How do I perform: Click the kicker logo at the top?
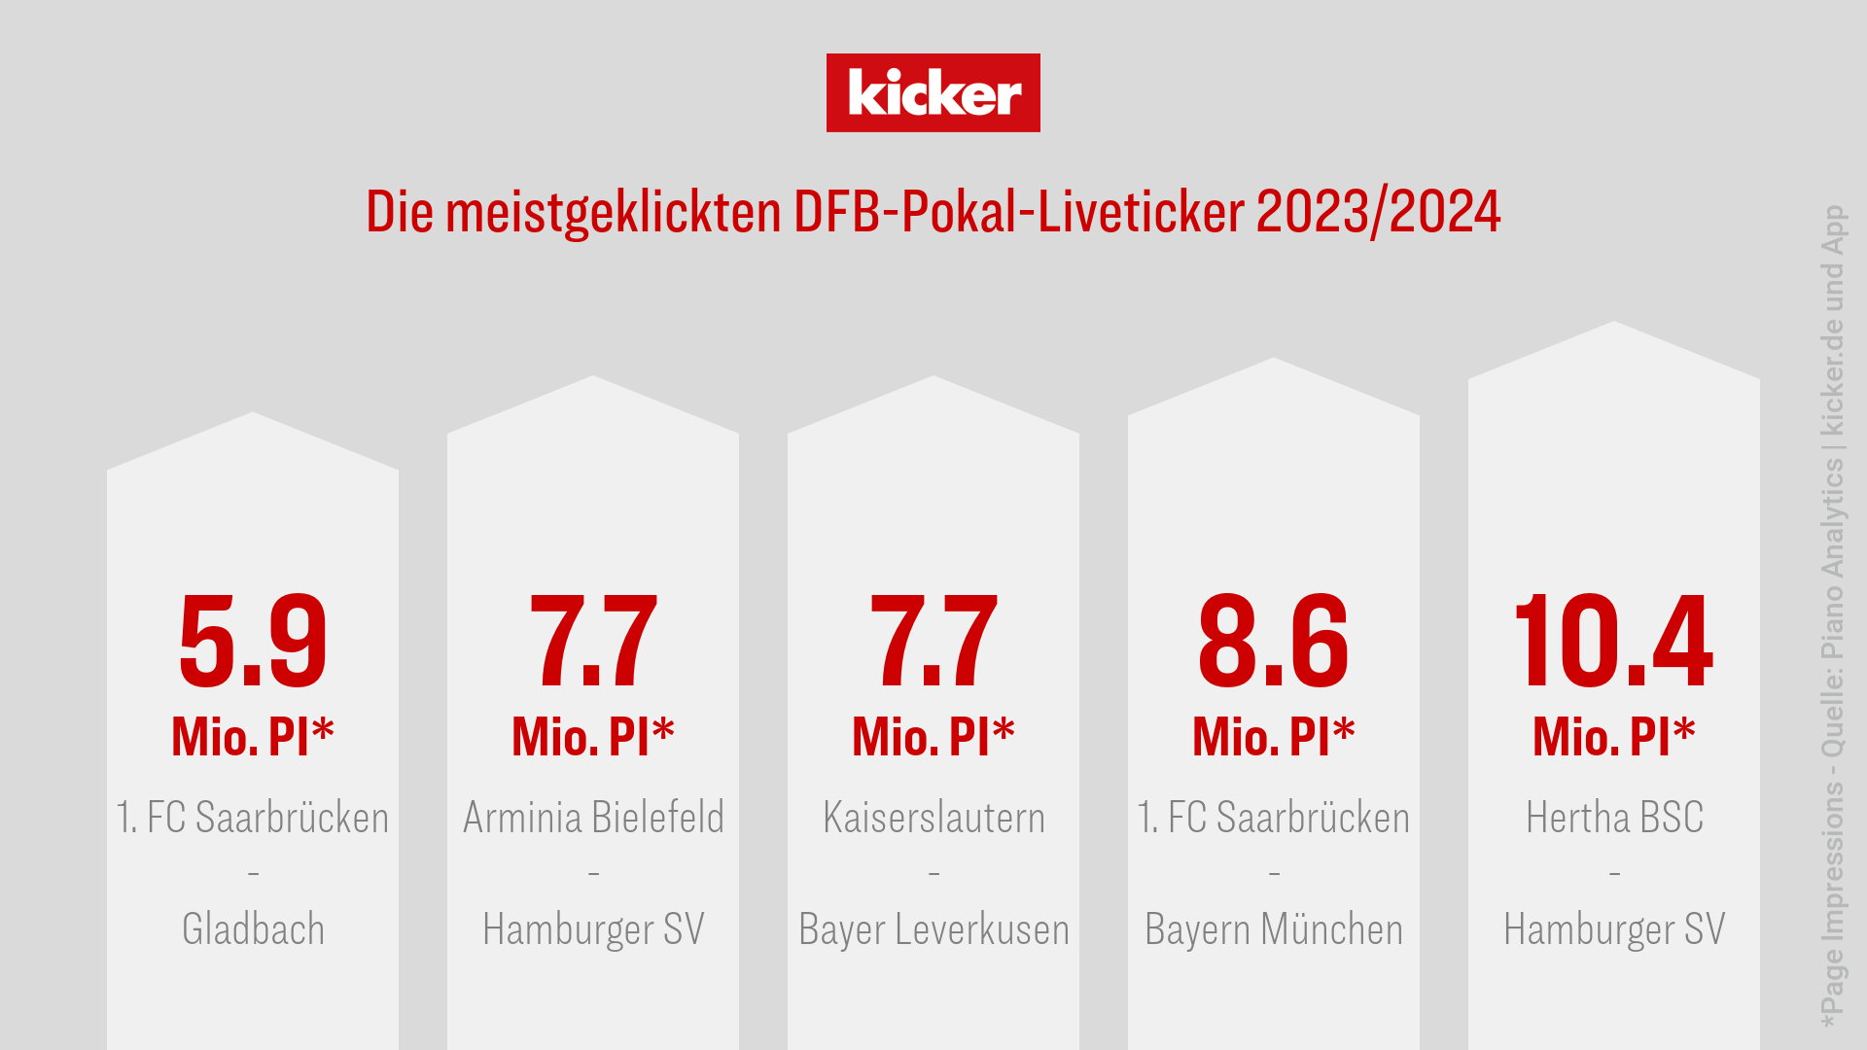coord(933,92)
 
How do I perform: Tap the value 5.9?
coord(253,642)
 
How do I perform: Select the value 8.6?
coord(1274,642)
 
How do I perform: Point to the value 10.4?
coord(1614,642)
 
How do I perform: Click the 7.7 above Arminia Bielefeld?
coord(593,642)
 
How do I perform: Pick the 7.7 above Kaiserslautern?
coord(933,642)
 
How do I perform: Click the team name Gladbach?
coord(253,929)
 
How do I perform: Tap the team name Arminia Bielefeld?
coord(593,818)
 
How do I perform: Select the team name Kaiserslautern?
coord(933,818)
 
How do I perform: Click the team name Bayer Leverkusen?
coord(933,929)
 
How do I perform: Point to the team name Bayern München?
coord(1274,929)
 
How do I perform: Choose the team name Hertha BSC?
coord(1614,818)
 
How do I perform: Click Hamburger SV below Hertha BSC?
coord(1614,929)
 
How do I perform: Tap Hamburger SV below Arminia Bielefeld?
coord(593,929)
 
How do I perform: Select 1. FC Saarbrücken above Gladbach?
coord(253,818)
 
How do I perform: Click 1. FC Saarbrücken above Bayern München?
coord(1274,818)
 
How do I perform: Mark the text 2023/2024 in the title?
coord(1378,212)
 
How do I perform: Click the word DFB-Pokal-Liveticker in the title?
coord(1018,212)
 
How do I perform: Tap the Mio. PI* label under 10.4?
coord(1614,736)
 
